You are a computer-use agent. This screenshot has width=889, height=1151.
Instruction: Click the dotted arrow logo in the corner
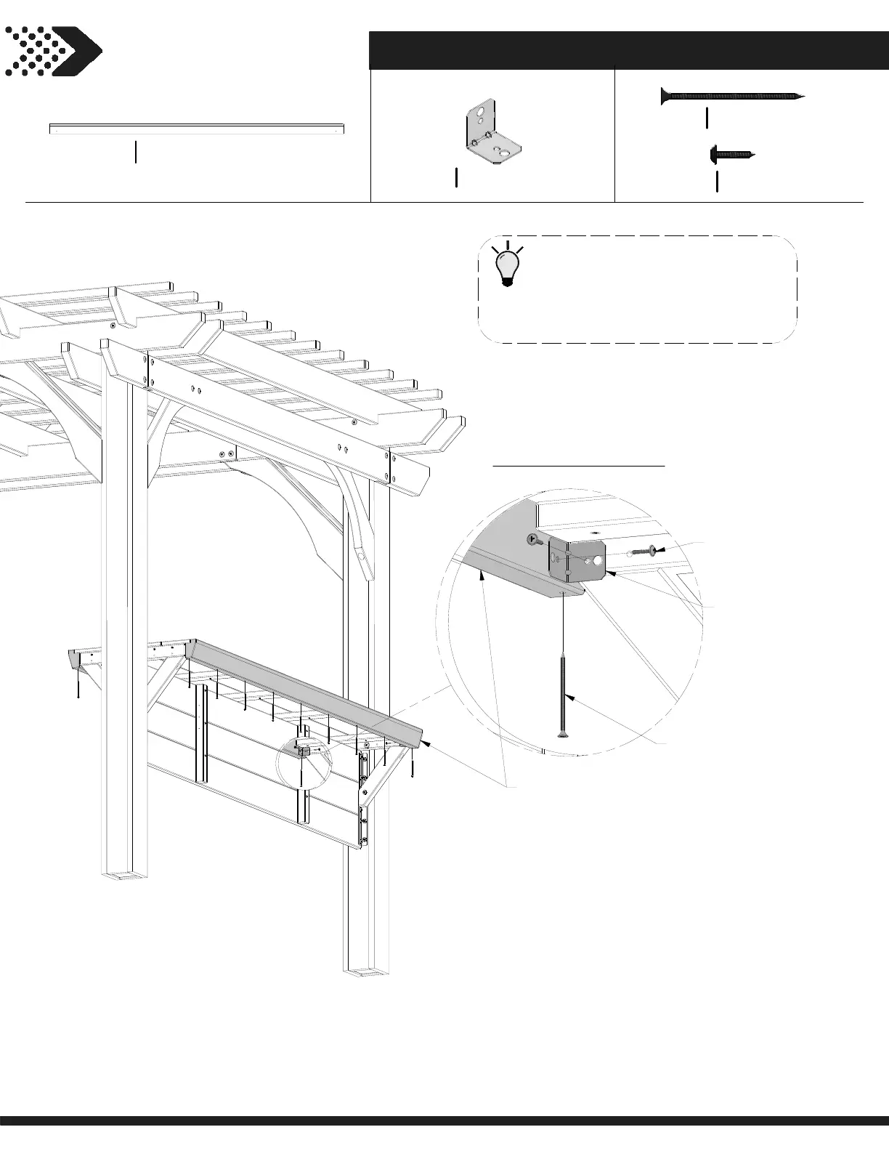(x=52, y=51)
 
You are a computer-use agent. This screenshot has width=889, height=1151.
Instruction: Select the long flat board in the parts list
(x=196, y=129)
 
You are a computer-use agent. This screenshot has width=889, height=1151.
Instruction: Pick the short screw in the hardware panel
(x=732, y=154)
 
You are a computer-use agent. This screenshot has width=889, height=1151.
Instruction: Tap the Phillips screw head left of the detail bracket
(x=534, y=539)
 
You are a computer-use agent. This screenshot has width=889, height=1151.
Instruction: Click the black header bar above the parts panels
(x=629, y=49)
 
